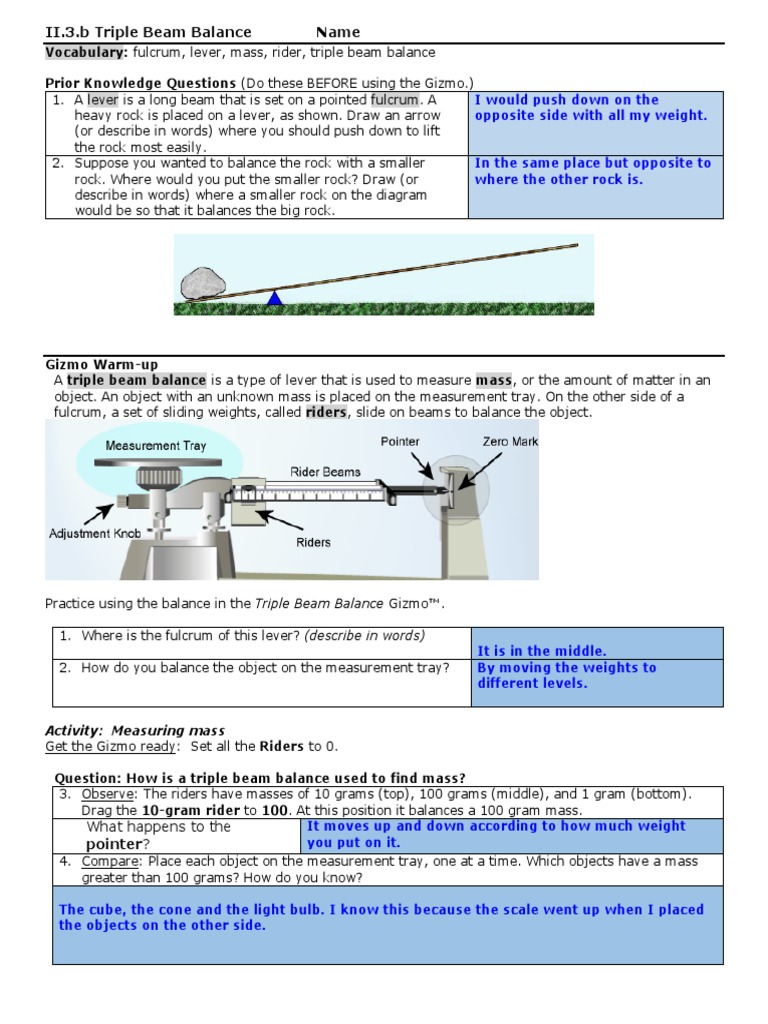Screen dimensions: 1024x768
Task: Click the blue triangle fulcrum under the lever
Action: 275,297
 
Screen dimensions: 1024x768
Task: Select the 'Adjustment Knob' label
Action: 95,534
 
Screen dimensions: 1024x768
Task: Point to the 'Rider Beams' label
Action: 326,471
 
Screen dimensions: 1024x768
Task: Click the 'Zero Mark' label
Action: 510,441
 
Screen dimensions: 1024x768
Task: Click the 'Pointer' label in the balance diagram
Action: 400,441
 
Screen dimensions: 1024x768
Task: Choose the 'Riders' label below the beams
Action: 313,543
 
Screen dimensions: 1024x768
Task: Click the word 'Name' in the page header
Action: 338,32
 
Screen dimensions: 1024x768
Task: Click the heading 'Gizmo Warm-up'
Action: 102,365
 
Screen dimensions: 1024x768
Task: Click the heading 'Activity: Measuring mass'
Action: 136,731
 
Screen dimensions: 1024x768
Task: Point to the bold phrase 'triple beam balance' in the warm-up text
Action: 137,380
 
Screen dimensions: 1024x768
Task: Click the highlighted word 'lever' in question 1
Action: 102,100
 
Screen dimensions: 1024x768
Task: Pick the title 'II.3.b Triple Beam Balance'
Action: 149,32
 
